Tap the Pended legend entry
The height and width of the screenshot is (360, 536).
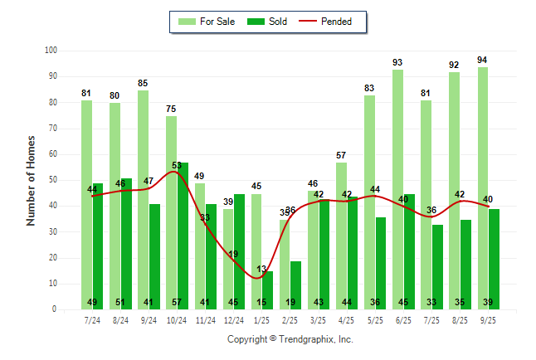pyautogui.click(x=335, y=22)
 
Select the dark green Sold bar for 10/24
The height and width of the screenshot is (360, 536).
pyautogui.click(x=183, y=236)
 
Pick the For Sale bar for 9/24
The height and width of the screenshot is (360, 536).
pyautogui.click(x=143, y=199)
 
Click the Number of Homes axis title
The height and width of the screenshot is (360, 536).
pyautogui.click(x=32, y=180)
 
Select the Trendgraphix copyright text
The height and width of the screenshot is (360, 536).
pyautogui.click(x=290, y=339)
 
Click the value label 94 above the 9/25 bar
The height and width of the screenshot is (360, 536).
pyautogui.click(x=483, y=60)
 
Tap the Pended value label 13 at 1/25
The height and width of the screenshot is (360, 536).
pyautogui.click(x=262, y=269)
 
